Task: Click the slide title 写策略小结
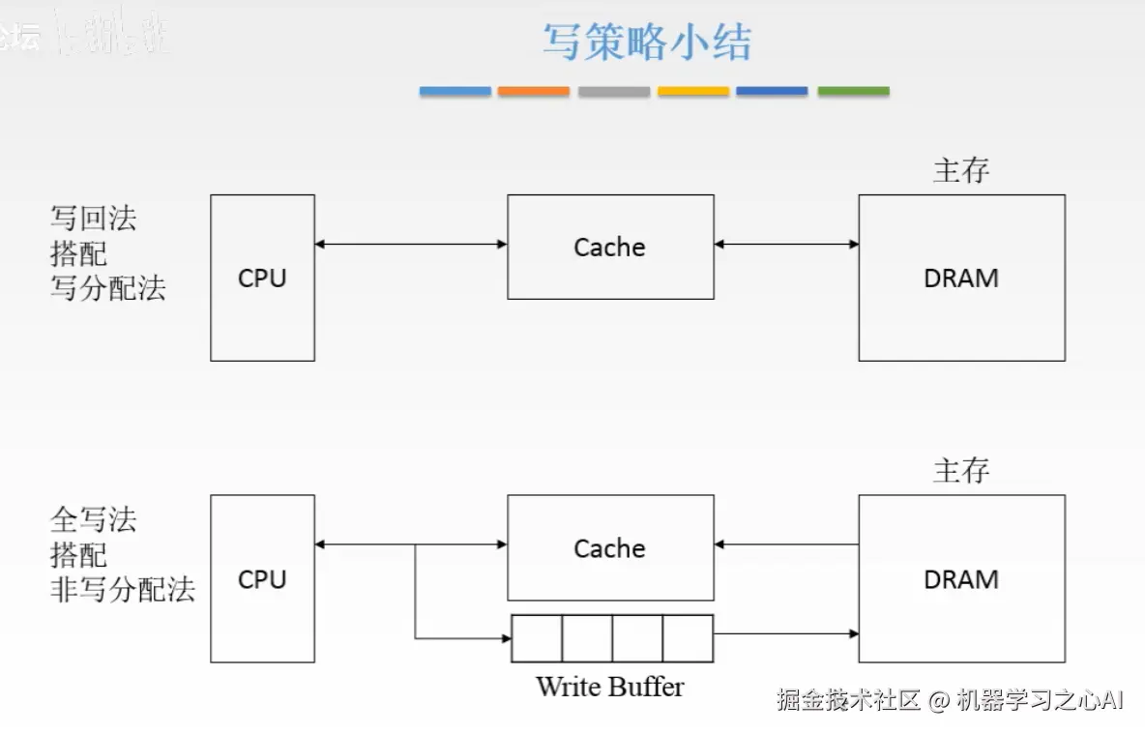tap(646, 43)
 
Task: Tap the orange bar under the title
tap(534, 91)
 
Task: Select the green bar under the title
tap(853, 91)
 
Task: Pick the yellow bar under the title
tap(693, 91)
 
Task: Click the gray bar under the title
tap(614, 91)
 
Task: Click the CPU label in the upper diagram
tap(262, 279)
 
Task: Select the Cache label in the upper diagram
tap(609, 248)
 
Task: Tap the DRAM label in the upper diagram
tap(961, 279)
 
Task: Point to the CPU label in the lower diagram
tap(262, 579)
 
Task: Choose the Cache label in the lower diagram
tap(609, 548)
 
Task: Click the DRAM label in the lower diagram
tap(961, 579)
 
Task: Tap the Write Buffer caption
tap(609, 687)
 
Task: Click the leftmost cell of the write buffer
tap(537, 638)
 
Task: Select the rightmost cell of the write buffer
tap(688, 638)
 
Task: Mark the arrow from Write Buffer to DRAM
tap(785, 634)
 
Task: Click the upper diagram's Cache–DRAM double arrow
tap(786, 245)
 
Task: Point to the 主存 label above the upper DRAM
tap(961, 170)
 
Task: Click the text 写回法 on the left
tap(93, 219)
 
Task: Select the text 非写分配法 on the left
tap(122, 589)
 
